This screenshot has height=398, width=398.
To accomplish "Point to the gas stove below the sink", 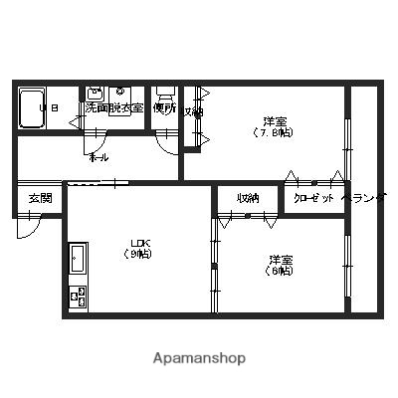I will [77, 296].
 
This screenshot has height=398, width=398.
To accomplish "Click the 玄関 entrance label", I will [40, 197].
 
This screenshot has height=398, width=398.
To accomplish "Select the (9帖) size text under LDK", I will [139, 254].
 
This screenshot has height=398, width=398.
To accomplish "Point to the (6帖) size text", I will [280, 271].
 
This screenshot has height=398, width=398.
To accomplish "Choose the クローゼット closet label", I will [312, 198].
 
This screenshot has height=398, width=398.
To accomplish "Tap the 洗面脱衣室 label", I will [114, 107].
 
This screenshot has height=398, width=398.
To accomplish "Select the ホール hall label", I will [99, 157].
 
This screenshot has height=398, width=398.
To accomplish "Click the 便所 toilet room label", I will [165, 107].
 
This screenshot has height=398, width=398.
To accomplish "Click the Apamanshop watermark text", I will [199, 357].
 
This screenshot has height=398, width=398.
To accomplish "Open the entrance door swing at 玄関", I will [30, 227].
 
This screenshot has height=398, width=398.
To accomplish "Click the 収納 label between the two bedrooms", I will [249, 198].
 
